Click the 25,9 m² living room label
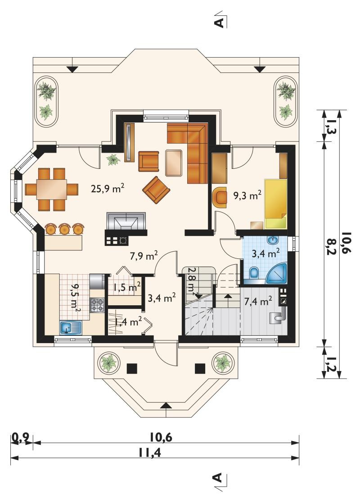coord(108,188)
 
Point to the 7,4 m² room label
coord(258,301)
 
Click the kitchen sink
coord(71,328)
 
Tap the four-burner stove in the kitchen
coord(98,305)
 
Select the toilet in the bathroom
coord(254,273)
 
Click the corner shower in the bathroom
coord(277,273)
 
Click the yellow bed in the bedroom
coord(275,204)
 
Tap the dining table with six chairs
coord(52,190)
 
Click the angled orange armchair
coord(156,190)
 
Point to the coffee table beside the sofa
coord(174,163)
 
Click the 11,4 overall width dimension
coord(149,453)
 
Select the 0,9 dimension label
coord(21,437)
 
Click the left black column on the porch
coord(132,369)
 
